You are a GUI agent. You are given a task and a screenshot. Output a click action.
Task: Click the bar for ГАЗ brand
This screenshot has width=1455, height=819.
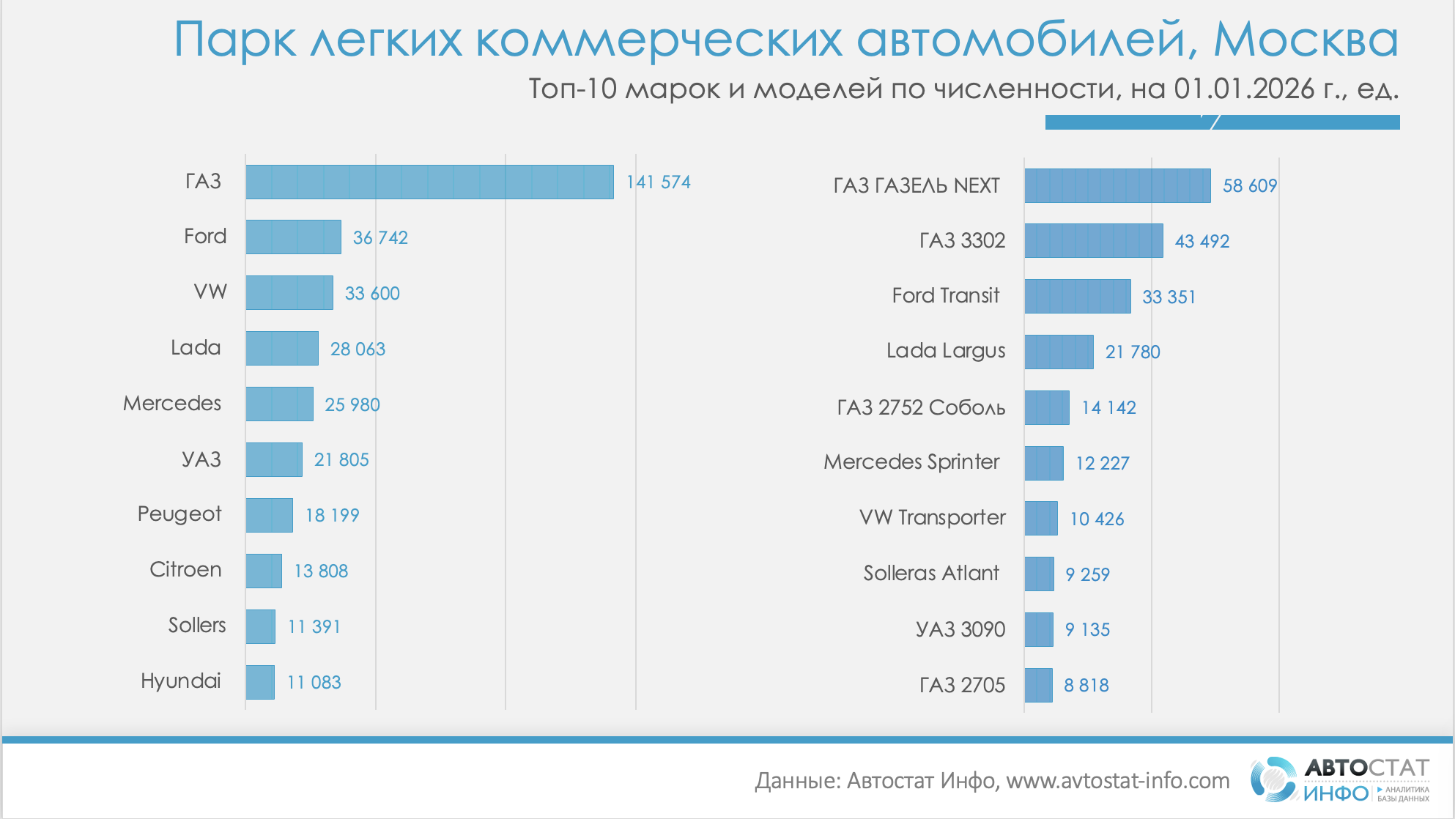pos(429,182)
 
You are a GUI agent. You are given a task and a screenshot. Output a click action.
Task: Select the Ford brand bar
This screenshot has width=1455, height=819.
pos(293,237)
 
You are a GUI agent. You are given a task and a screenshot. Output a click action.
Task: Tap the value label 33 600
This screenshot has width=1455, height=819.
pos(372,293)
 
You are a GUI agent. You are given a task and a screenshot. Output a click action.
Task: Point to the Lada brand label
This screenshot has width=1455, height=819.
pos(196,347)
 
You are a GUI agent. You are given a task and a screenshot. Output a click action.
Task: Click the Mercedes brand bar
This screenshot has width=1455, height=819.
pos(279,404)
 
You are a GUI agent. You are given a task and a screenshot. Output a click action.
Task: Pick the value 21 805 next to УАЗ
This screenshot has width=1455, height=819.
pos(341,459)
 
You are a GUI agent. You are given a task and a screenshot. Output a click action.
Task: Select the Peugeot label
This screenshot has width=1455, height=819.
pos(179,514)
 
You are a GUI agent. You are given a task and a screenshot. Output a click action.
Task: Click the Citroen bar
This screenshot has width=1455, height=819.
pos(264,571)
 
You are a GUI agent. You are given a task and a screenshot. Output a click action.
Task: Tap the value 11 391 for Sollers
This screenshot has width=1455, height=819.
pos(314,626)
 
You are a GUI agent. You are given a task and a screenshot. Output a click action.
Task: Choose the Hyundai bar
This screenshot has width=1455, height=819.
pos(260,682)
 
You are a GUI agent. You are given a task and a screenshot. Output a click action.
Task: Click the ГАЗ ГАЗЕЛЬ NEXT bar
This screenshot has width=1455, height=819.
pos(1117,185)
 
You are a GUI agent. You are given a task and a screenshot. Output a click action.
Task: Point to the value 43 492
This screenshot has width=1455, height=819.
pos(1202,241)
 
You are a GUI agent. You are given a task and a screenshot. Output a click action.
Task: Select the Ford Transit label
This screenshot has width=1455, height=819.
pos(946,295)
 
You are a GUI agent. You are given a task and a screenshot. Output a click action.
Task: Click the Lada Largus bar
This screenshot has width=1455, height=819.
pos(1059,352)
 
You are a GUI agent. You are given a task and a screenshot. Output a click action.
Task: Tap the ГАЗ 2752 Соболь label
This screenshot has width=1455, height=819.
pos(921,407)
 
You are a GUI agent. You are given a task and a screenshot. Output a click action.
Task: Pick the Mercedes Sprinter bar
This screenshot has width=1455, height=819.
pos(1044,463)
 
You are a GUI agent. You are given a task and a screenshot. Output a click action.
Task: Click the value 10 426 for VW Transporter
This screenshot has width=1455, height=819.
pos(1097,519)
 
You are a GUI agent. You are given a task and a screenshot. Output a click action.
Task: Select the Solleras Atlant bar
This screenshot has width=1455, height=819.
pos(1039,574)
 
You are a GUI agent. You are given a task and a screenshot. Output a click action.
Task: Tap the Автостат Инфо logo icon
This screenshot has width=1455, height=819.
pos(1273,779)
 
